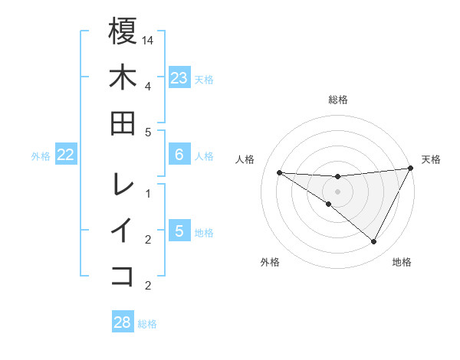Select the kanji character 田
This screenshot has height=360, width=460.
point(123,123)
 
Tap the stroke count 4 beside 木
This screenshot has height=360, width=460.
point(148,86)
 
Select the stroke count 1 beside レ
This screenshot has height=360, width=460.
point(148,193)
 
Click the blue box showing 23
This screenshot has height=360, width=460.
point(179,77)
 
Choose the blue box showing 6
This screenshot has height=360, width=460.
point(179,155)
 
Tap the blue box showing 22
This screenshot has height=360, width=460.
point(65,155)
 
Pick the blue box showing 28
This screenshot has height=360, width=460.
point(123,322)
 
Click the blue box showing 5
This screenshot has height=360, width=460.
point(179,231)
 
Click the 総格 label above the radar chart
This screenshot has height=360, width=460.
point(338,100)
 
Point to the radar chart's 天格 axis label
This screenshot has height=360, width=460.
point(431,159)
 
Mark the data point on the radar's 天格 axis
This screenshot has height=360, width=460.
point(411,169)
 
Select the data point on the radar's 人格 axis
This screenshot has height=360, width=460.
point(280,172)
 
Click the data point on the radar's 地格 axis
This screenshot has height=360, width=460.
point(374,242)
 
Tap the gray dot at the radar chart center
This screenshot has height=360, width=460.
point(338,191)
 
